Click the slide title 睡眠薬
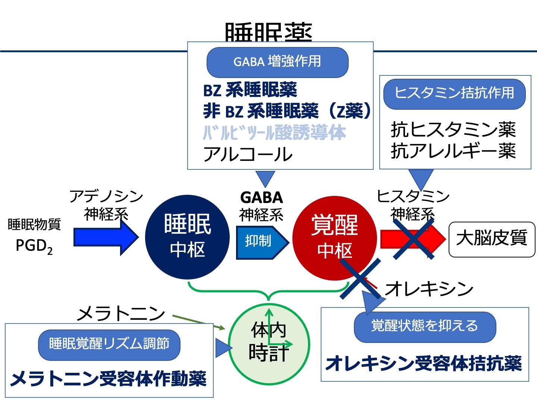[x=268, y=33]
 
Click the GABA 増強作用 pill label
[x=277, y=62]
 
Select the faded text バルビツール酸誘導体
[x=274, y=133]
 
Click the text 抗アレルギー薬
[x=453, y=151]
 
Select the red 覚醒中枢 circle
[x=335, y=237]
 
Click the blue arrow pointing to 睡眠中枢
[x=106, y=237]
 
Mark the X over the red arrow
[x=413, y=239]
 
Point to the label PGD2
[x=34, y=246]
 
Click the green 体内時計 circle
[x=269, y=342]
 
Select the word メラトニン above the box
[x=120, y=313]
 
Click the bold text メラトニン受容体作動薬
[x=109, y=379]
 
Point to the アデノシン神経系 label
[x=106, y=205]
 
